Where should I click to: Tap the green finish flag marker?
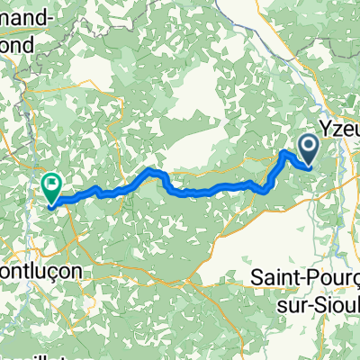tap(51, 186)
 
